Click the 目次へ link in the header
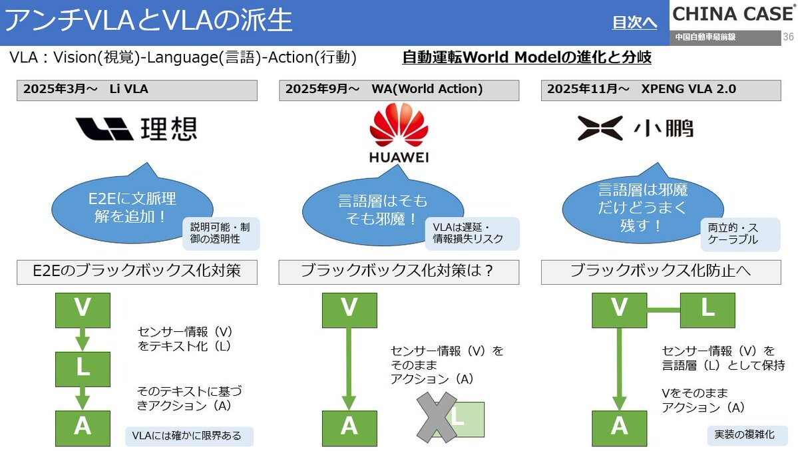(x=635, y=23)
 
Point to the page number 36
(x=789, y=37)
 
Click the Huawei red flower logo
(x=399, y=125)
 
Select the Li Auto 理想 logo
(x=136, y=128)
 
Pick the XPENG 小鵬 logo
(x=635, y=128)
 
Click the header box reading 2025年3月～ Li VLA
(x=136, y=89)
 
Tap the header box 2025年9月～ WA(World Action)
(x=399, y=89)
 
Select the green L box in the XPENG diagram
(x=707, y=309)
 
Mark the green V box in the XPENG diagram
(x=620, y=309)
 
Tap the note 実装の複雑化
(x=747, y=435)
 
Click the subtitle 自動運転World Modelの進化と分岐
(x=526, y=57)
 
